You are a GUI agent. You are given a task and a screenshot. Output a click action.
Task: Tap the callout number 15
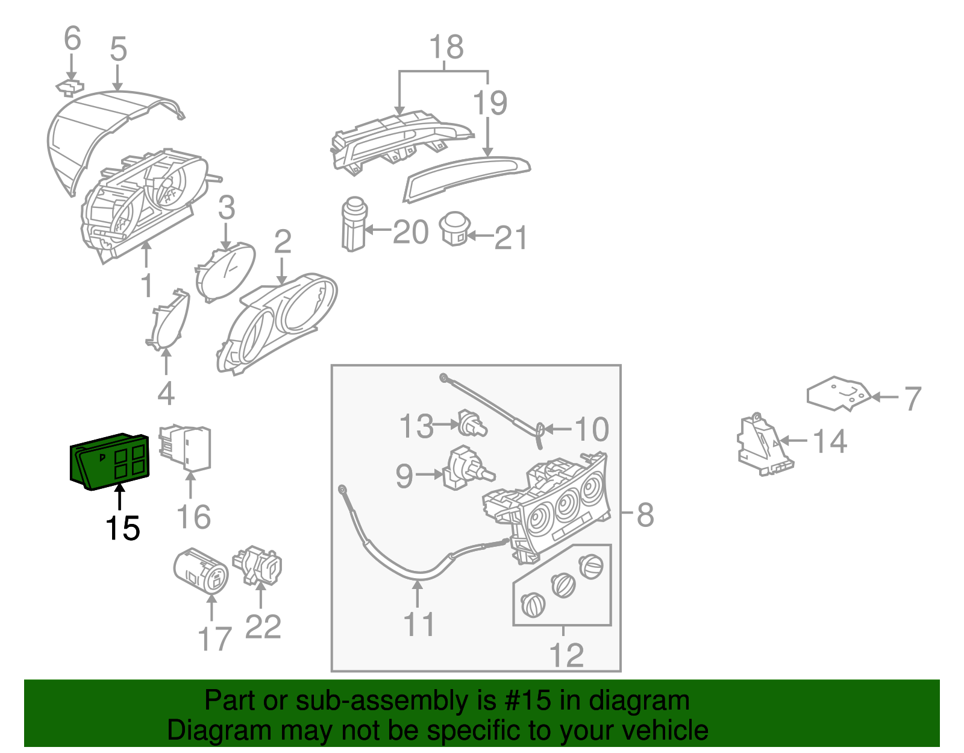point(122,529)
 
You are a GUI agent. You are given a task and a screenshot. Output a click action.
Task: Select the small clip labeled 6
point(70,87)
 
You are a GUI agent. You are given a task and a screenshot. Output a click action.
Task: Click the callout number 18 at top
point(446,48)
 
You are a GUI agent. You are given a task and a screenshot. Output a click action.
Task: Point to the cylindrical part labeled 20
point(354,224)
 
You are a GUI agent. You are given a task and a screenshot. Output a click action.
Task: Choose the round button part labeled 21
point(455,228)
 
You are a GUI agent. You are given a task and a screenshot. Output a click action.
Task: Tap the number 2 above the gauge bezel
point(282,242)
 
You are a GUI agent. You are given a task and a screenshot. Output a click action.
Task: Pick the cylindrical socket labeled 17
point(200,571)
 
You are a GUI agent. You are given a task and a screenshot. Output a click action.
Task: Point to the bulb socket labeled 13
point(472,424)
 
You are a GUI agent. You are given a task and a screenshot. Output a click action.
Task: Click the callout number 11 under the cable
point(419,624)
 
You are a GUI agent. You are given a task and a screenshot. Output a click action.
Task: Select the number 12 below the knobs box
point(566,655)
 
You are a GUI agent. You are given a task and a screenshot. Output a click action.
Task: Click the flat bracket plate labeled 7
point(839,394)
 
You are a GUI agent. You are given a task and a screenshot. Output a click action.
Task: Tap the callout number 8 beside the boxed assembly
point(645,515)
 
